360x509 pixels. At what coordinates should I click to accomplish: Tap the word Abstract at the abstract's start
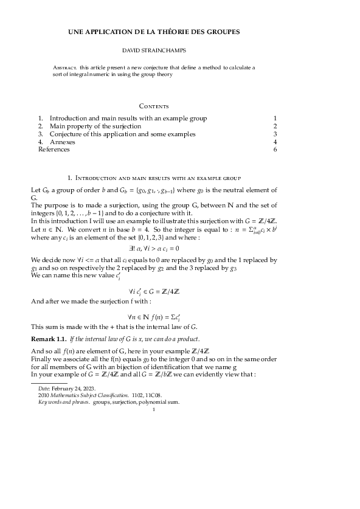64,67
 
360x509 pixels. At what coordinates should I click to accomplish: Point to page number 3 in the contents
275,133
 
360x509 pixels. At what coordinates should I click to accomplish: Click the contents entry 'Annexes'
62,141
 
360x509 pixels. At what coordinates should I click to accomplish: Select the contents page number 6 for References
275,149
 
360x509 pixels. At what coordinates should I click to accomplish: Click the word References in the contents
54,149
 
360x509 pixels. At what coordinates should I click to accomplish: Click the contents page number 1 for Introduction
275,117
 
